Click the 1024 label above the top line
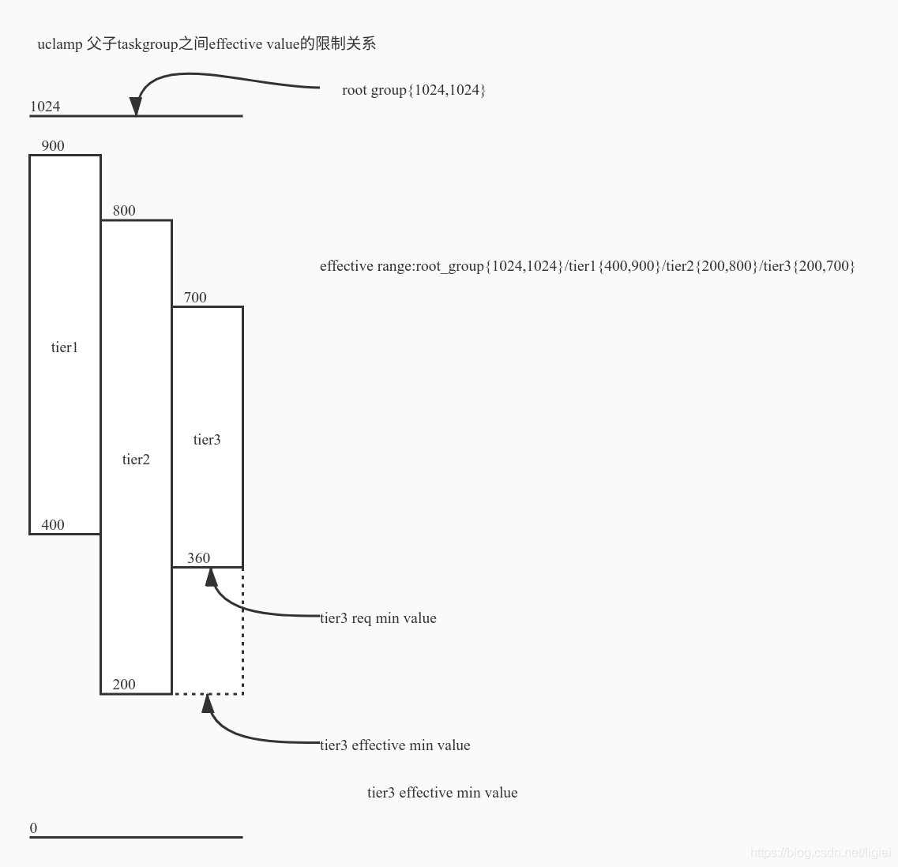[x=45, y=107]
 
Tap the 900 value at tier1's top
[x=53, y=146]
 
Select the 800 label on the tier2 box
[x=124, y=211]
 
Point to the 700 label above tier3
[x=195, y=298]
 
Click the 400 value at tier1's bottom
[x=53, y=525]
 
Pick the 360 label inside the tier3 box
[x=199, y=558]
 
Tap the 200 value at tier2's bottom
[x=124, y=685]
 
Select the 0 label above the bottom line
[x=34, y=828]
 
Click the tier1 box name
[x=65, y=347]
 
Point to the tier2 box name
[x=136, y=460]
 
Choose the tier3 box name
[x=207, y=440]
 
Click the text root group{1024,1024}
[x=413, y=90]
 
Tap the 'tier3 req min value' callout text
[x=378, y=618]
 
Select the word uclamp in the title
[x=59, y=44]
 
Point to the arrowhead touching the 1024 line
[x=136, y=107]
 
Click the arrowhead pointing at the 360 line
[x=211, y=577]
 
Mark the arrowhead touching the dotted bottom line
[x=208, y=703]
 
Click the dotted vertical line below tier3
[x=242, y=632]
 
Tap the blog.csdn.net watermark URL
[x=821, y=853]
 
